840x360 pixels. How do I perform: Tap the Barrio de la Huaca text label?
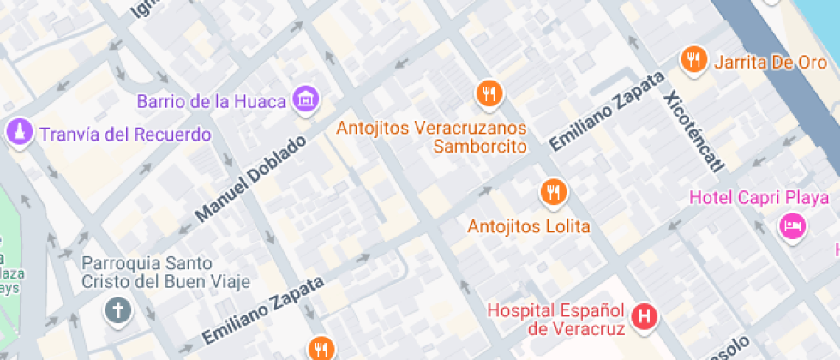click(211, 101)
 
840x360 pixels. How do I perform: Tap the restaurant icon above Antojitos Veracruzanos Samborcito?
click(489, 93)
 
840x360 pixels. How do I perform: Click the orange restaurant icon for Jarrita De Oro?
click(693, 60)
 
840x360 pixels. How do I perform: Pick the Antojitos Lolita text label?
click(529, 227)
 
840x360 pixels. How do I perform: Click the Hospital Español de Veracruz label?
click(558, 319)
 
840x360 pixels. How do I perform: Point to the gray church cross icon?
click(117, 311)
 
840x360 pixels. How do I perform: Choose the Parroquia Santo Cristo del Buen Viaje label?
click(166, 272)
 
